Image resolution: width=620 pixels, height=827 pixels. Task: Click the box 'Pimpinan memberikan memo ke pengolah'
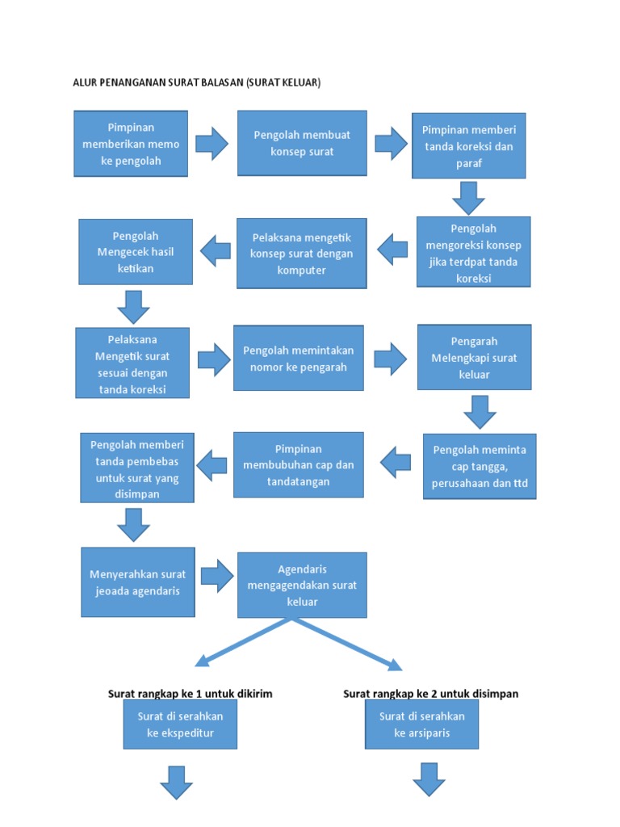(x=131, y=144)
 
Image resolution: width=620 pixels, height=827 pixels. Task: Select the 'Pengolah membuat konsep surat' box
(x=302, y=143)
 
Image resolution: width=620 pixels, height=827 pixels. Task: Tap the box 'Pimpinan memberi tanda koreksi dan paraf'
(x=469, y=145)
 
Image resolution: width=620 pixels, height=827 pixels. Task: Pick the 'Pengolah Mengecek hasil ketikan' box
(x=136, y=252)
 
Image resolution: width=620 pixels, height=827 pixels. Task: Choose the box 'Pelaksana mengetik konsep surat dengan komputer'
(x=302, y=253)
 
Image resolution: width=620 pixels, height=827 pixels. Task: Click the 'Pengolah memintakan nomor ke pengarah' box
(x=299, y=358)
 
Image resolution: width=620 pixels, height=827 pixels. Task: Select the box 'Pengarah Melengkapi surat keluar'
(x=475, y=357)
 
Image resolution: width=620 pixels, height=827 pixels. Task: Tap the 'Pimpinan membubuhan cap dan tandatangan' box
(x=299, y=464)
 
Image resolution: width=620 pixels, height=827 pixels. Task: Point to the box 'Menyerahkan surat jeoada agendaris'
(x=138, y=582)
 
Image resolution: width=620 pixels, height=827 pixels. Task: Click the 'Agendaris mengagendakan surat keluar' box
(x=302, y=585)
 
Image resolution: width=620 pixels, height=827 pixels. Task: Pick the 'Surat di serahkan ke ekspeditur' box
(x=180, y=724)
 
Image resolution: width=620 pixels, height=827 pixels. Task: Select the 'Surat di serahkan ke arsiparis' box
(x=421, y=724)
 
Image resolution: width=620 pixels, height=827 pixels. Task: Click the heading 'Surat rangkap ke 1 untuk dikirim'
(x=191, y=694)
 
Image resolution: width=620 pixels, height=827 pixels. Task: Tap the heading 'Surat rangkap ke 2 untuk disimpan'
(x=431, y=694)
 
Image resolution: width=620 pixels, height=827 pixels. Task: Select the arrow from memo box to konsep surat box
(x=212, y=143)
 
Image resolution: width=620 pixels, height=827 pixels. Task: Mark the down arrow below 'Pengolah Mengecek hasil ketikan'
(x=133, y=307)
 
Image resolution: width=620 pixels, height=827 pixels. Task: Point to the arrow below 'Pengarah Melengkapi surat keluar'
(x=480, y=412)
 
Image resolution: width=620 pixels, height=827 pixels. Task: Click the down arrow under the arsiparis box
(x=429, y=779)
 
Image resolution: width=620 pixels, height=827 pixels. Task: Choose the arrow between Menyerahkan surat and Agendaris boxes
(x=217, y=576)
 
